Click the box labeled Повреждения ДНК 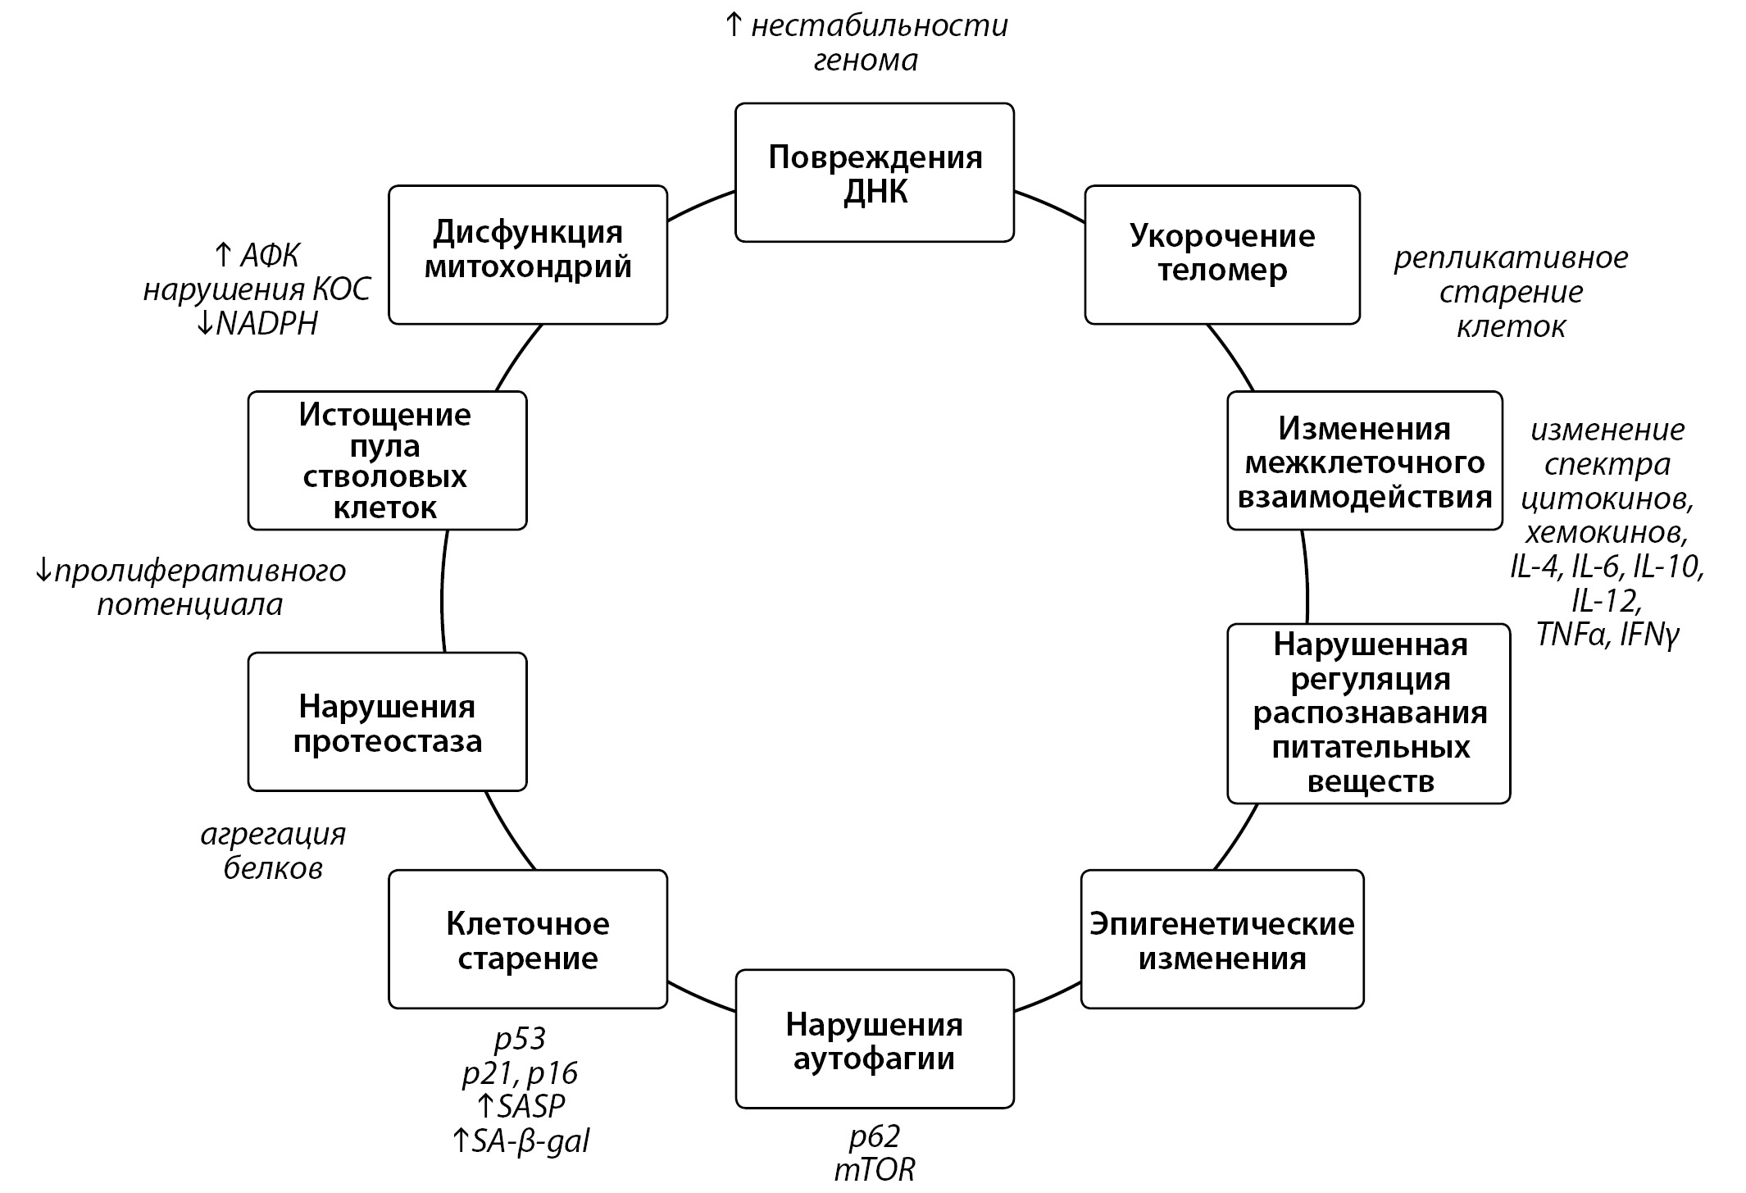(x=874, y=172)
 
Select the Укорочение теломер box (x=1221, y=254)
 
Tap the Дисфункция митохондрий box (x=527, y=254)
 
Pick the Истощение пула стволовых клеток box (x=387, y=460)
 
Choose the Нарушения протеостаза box (x=387, y=722)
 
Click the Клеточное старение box (x=527, y=939)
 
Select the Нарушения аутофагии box (x=874, y=1039)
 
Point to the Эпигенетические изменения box (x=1221, y=939)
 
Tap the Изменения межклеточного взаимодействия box (x=1364, y=460)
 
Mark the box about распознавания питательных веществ (x=1368, y=713)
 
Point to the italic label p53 (x=520, y=1039)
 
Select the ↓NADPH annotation (x=257, y=325)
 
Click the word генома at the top (x=866, y=61)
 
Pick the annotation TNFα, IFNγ (x=1607, y=635)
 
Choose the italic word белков (x=273, y=868)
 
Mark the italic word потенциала (x=190, y=605)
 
